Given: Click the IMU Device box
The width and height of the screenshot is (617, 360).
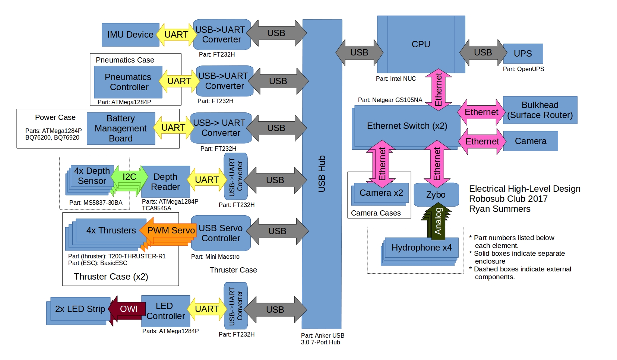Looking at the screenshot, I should coord(130,35).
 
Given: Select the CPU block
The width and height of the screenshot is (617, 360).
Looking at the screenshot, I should coord(421,44).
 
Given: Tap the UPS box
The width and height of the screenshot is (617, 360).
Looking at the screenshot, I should coord(523,54).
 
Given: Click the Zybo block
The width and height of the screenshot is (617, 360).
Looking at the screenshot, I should coord(436,195).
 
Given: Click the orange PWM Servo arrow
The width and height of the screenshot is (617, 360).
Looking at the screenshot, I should coord(170,230).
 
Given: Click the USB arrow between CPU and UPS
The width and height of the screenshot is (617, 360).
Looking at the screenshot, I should coord(483,52).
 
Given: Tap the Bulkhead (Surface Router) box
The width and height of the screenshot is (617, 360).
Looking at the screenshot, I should coord(540,110).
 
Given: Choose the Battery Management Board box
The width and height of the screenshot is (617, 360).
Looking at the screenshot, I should coord(121,128).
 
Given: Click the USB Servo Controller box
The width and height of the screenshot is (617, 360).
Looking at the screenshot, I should coord(221,233).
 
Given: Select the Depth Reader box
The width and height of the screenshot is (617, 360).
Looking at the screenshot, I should coord(165,182).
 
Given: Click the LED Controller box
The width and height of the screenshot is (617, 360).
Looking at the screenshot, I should coord(165,311).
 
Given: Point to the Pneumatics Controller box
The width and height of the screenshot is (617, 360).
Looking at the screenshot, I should coord(128,82).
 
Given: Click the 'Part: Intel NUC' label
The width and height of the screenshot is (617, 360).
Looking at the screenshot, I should coord(396,79).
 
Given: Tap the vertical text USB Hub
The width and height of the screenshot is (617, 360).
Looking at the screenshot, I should coord(322,173).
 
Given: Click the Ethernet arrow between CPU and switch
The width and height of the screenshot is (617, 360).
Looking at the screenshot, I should coord(439,89).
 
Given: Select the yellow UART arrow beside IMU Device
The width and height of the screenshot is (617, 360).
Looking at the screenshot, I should coord(176,35).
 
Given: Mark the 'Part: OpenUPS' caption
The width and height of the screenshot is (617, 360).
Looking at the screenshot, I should coord(523,69).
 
